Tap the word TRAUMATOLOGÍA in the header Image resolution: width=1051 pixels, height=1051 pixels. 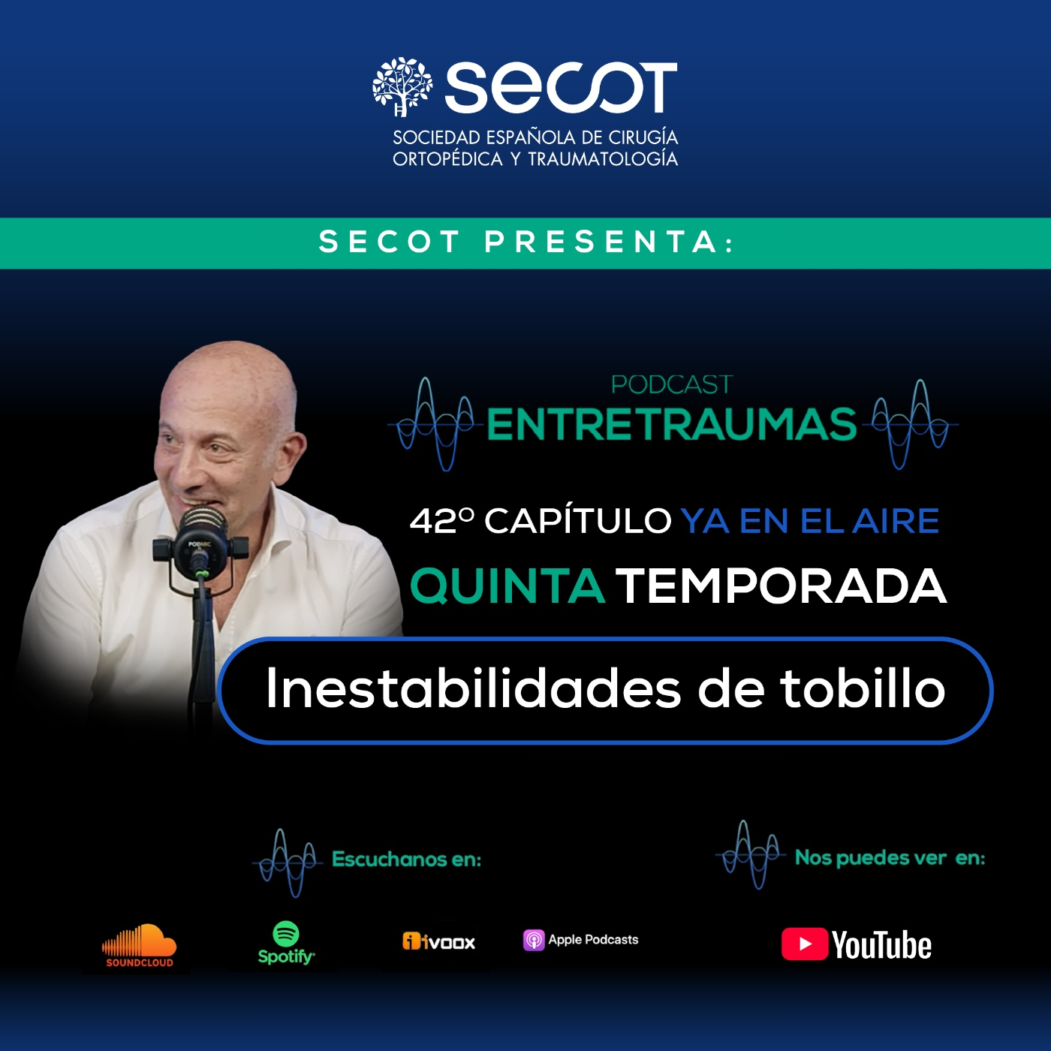[603, 159]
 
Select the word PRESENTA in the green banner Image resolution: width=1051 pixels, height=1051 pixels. [601, 242]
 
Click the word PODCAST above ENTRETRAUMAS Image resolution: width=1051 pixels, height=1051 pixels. [671, 384]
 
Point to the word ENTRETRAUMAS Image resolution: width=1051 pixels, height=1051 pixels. [671, 424]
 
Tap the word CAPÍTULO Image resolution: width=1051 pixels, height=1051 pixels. [577, 521]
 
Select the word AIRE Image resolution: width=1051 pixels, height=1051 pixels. [896, 521]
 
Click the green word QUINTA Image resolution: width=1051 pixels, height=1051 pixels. [507, 586]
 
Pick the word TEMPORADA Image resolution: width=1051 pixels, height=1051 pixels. [781, 586]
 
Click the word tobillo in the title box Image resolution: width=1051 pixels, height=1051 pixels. [863, 688]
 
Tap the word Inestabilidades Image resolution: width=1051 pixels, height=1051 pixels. [473, 688]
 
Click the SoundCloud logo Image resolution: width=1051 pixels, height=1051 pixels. [139, 945]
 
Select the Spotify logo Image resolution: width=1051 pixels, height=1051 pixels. [286, 943]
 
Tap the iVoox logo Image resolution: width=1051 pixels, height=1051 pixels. [439, 941]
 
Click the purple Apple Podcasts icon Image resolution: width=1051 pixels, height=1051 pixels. [534, 940]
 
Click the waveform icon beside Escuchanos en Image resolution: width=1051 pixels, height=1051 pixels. [288, 862]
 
